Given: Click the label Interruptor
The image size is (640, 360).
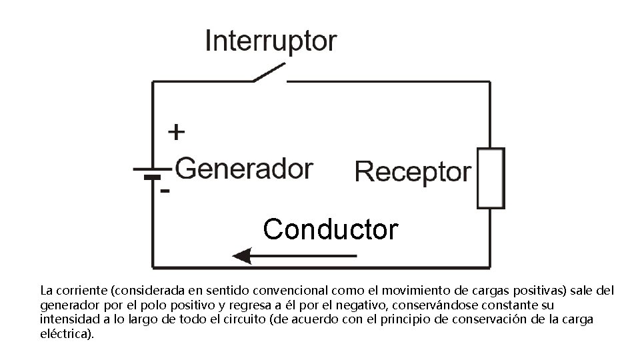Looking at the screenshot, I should click(271, 41).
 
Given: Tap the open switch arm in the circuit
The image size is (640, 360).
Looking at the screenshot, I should click(269, 72).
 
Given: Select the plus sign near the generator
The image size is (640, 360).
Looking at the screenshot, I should click(176, 132).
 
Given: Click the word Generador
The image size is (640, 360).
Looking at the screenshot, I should click(244, 169).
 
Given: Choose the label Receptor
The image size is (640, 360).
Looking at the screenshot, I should click(413, 173).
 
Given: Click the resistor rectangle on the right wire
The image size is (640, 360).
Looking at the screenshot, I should click(491, 178).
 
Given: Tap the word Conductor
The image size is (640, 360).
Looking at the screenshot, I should click(331, 229).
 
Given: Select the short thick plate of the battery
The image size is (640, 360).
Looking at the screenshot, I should click(153, 178).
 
